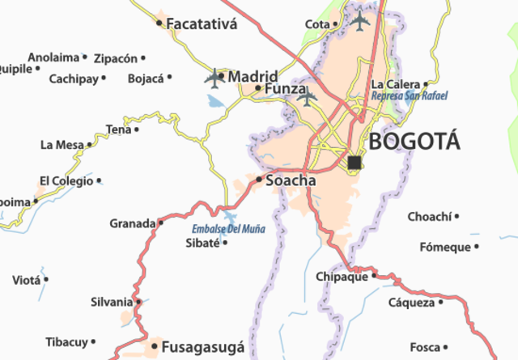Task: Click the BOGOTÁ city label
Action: pos(414,142)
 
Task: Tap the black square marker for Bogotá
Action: pos(354,163)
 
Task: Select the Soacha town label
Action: pos(291,180)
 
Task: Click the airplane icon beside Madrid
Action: pos(214,78)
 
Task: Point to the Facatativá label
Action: pos(202,23)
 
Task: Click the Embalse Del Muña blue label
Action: pos(228,229)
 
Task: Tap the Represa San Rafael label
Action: pos(410,95)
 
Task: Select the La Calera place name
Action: pos(395,83)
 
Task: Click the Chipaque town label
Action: pos(341,277)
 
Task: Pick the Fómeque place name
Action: pos(444,247)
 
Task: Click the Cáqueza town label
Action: pos(411,303)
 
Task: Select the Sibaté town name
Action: pos(202,243)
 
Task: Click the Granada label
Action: pos(132,223)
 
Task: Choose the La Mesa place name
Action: pos(62,145)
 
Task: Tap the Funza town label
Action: pos(287,88)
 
